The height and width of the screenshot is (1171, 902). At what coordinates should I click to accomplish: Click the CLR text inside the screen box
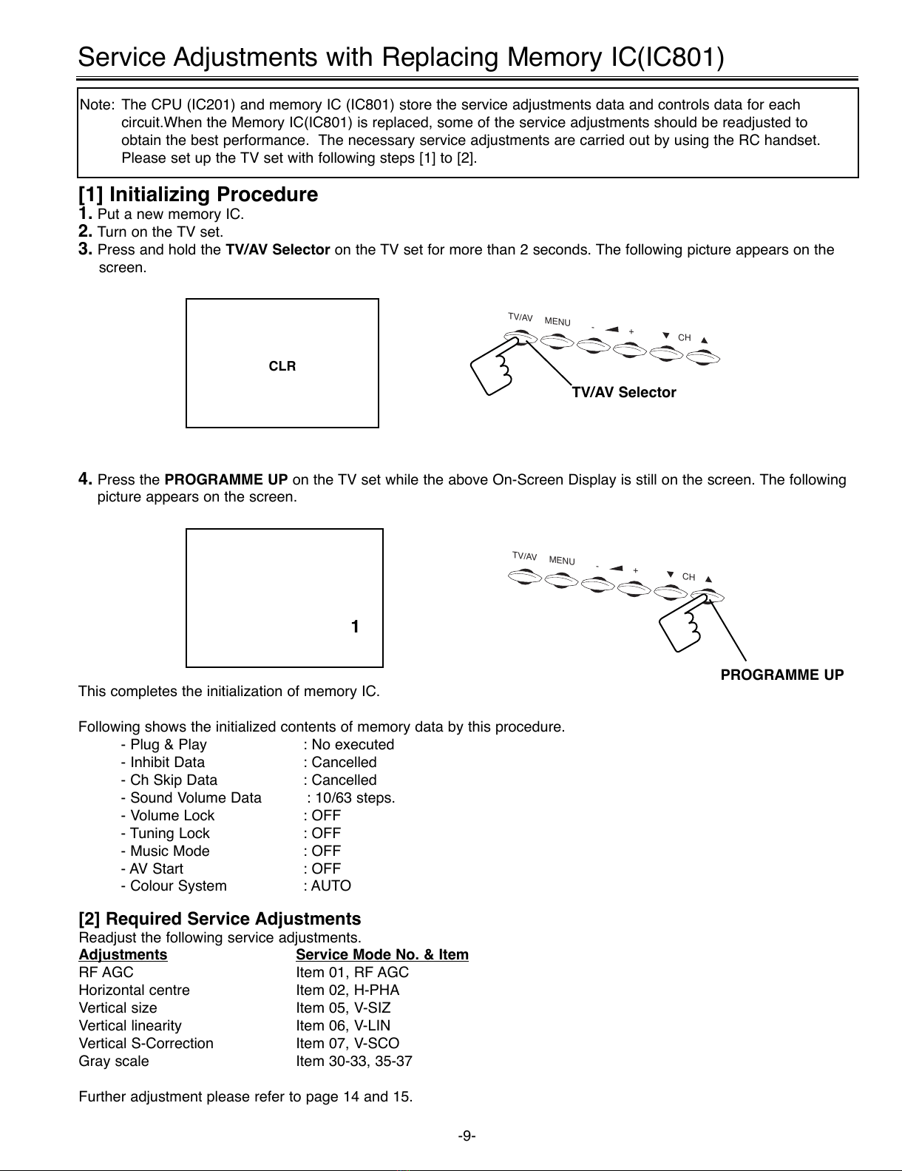(282, 366)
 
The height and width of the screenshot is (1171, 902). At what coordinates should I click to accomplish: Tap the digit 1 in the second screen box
(355, 627)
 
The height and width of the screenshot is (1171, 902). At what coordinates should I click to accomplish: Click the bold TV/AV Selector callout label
(624, 393)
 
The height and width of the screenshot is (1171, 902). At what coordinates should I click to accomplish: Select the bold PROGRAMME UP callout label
(782, 675)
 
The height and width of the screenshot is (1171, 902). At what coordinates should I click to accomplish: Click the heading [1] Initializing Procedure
(198, 195)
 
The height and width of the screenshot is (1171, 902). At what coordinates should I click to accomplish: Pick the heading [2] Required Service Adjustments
(220, 919)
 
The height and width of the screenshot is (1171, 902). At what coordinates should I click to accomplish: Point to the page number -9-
(467, 1135)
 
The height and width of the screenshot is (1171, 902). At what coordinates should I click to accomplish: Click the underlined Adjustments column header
(123, 954)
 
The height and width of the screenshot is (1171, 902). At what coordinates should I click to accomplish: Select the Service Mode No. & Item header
(382, 954)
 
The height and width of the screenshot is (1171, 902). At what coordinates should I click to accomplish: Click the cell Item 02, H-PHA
(347, 990)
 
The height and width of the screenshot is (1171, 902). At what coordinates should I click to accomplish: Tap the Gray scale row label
(114, 1061)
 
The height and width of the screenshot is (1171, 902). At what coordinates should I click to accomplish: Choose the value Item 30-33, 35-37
(354, 1061)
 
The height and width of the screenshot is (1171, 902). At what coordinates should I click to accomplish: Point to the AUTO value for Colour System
(331, 885)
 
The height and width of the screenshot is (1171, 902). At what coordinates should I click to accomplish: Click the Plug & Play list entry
(168, 744)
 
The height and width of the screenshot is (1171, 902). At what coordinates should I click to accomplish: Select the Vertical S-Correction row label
(146, 1043)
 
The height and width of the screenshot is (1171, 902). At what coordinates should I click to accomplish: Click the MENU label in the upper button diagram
(557, 322)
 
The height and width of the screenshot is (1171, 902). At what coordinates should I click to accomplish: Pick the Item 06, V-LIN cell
(343, 1025)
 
